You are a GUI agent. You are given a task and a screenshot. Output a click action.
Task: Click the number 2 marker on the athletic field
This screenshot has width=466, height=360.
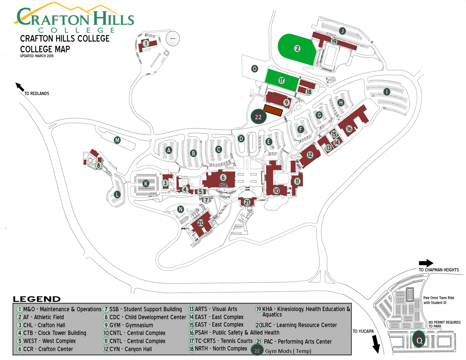click(x=297, y=49)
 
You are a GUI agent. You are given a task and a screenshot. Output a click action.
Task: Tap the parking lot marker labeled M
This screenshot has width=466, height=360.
click(x=117, y=140)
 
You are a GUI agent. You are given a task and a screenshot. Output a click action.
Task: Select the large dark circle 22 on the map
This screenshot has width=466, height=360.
click(x=258, y=117)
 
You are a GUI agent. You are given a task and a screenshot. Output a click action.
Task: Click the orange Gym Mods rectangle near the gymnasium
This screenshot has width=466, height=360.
click(x=273, y=110)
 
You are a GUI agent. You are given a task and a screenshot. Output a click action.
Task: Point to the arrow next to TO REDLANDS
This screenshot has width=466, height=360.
click(x=20, y=87)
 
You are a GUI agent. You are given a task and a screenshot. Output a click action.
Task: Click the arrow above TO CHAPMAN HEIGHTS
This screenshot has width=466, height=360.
click(x=426, y=263)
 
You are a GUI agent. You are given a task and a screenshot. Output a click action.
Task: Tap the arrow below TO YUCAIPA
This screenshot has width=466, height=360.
click(x=376, y=344)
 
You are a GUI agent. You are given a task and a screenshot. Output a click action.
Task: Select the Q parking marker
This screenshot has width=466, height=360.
click(x=419, y=340)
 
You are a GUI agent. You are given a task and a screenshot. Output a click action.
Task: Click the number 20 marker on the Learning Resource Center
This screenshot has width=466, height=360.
click(x=201, y=223)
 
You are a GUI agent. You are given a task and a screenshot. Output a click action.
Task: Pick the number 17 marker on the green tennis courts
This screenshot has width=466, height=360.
click(x=281, y=80)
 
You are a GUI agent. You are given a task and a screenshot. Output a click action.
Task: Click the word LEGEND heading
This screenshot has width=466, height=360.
click(x=37, y=299)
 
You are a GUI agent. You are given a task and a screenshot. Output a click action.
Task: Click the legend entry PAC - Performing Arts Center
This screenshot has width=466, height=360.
click(x=294, y=342)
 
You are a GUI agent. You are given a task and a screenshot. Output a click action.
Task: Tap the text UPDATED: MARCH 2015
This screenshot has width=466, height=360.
click(x=37, y=56)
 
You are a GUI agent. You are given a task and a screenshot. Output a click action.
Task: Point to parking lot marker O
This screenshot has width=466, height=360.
click(x=254, y=69)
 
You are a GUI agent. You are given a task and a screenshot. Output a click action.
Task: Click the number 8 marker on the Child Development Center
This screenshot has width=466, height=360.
click(x=98, y=165)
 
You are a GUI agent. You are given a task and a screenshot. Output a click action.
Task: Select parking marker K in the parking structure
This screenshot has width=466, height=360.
click(x=146, y=184)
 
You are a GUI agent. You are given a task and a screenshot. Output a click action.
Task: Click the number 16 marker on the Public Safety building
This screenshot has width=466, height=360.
click(x=349, y=129)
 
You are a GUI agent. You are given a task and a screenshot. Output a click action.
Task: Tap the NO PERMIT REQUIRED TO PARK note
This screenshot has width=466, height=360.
click(x=444, y=324)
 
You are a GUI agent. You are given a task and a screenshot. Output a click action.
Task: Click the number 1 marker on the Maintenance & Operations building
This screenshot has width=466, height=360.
click(x=146, y=43)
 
